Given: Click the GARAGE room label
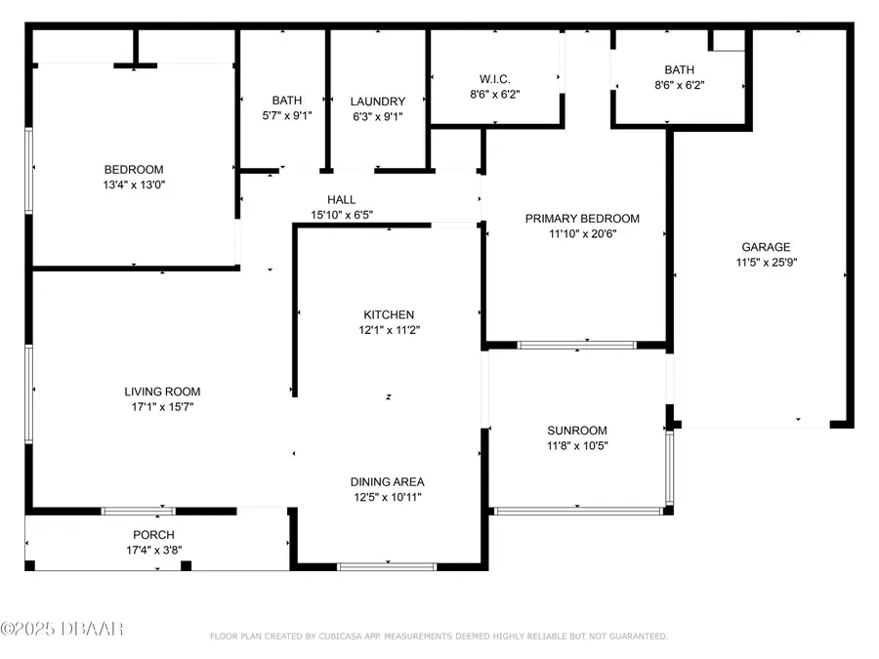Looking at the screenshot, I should point(765,247).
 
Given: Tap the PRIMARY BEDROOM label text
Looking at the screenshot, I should point(582,219).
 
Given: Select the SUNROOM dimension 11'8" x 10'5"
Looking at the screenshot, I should point(577,446).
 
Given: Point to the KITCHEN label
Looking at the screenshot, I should point(389,314).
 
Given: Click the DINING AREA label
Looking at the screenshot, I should point(388,481).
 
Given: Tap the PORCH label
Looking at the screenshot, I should point(154,534).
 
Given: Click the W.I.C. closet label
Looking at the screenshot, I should point(496,78).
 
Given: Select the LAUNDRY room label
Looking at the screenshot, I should point(378,102).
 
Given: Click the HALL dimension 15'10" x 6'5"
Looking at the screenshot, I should point(342,215).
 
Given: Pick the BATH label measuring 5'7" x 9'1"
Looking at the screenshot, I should point(287,101).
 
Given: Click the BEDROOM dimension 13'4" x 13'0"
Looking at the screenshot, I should point(134,184).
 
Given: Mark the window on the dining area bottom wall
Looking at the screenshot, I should point(388,565).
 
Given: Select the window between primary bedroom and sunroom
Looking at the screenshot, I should point(576,345).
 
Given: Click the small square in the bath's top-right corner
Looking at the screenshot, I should point(728,39).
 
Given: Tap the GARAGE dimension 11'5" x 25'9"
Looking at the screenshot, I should point(765,262).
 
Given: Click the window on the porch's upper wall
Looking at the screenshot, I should point(139,511).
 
